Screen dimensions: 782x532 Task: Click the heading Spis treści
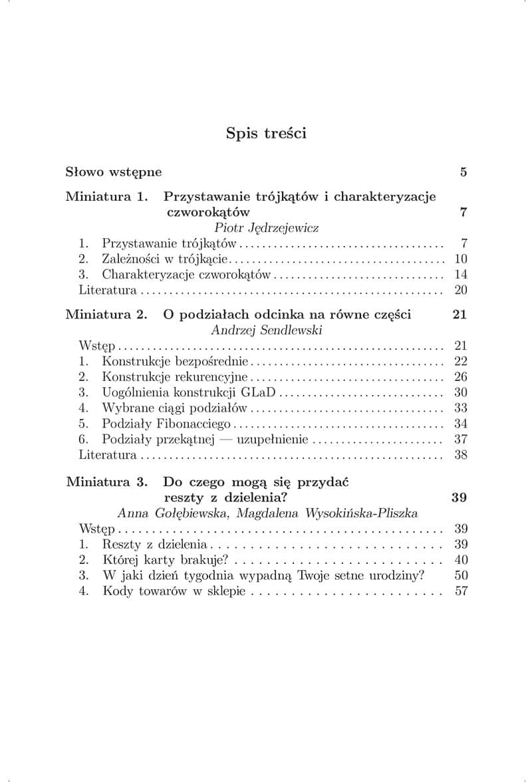pos(266,133)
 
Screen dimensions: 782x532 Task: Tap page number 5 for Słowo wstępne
pos(463,172)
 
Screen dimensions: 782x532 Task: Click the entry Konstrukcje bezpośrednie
pos(175,361)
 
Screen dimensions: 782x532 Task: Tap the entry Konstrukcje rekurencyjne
pos(174,377)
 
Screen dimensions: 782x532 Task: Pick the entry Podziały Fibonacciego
pos(166,424)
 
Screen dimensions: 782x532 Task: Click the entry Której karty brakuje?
pos(166,560)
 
